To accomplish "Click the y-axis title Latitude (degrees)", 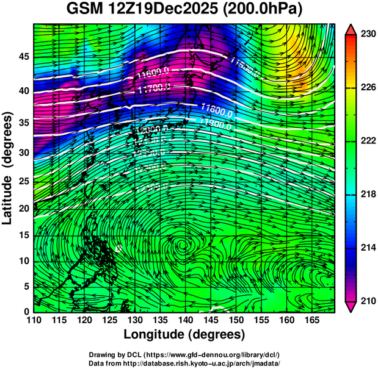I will pyautogui.click(x=8, y=167).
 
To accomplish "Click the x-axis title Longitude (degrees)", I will pyautogui.click(x=184, y=334).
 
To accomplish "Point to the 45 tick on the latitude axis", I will pyautogui.click(x=23, y=57).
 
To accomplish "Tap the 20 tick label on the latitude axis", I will pyautogui.click(x=23, y=208).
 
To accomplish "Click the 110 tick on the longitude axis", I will pyautogui.click(x=34, y=320).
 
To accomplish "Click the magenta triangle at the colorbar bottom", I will pyautogui.click(x=351, y=306).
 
